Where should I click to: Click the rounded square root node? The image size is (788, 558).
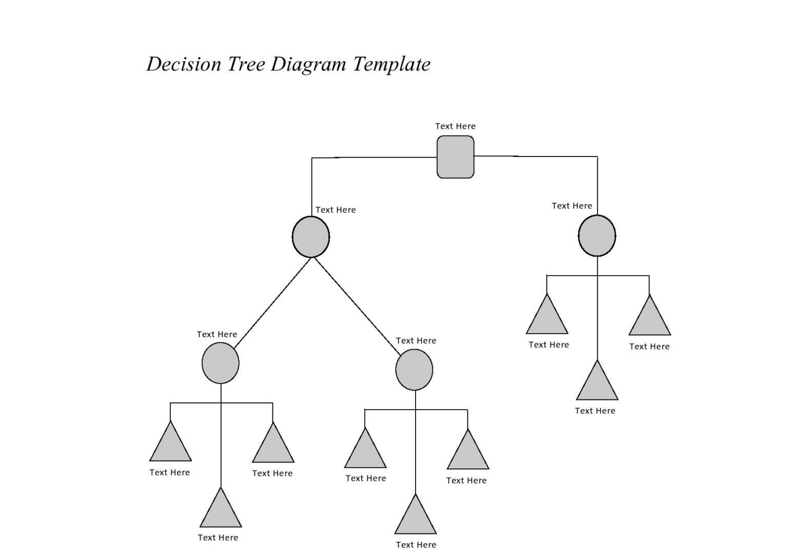455,157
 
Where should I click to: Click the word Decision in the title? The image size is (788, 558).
184,64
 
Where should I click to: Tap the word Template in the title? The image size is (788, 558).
391,64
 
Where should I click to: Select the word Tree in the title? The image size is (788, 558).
246,64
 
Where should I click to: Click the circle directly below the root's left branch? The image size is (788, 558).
311,237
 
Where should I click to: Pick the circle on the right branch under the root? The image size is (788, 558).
597,236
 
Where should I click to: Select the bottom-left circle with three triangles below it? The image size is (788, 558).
221,363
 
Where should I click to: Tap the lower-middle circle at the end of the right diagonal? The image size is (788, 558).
414,370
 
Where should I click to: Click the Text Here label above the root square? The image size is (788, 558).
455,126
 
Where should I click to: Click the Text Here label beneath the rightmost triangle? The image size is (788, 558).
649,347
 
